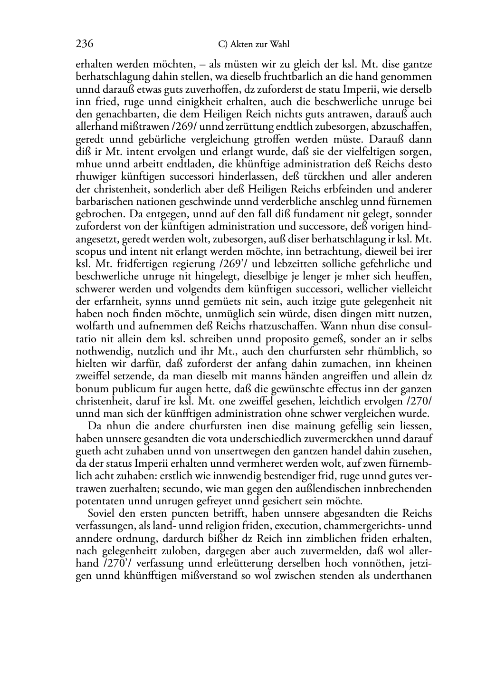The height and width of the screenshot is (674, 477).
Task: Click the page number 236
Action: (x=84, y=44)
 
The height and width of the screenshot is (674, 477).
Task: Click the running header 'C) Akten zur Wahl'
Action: (x=254, y=45)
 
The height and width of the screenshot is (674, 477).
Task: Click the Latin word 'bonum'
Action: (x=90, y=388)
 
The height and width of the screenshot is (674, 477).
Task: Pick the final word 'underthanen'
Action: (x=403, y=576)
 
